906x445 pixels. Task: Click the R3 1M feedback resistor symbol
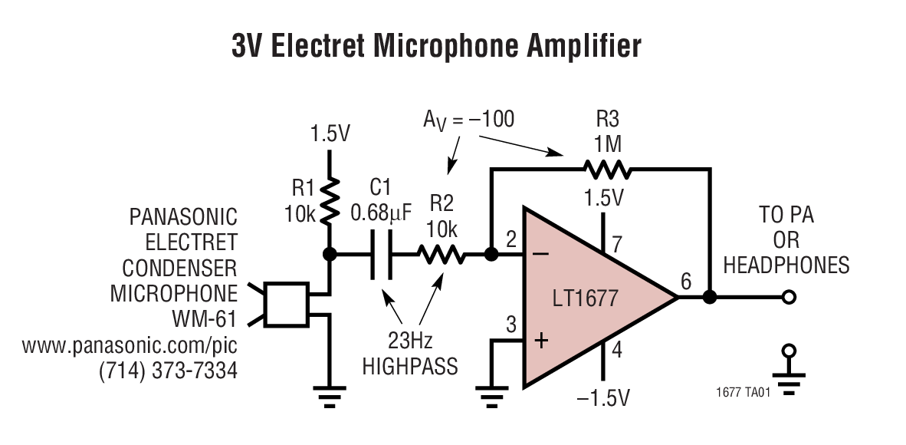606,167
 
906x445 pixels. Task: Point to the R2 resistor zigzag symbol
442,254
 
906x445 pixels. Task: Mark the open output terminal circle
786,297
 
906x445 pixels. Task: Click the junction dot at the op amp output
710,297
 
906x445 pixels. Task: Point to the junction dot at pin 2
492,254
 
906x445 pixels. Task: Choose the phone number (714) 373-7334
168,371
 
